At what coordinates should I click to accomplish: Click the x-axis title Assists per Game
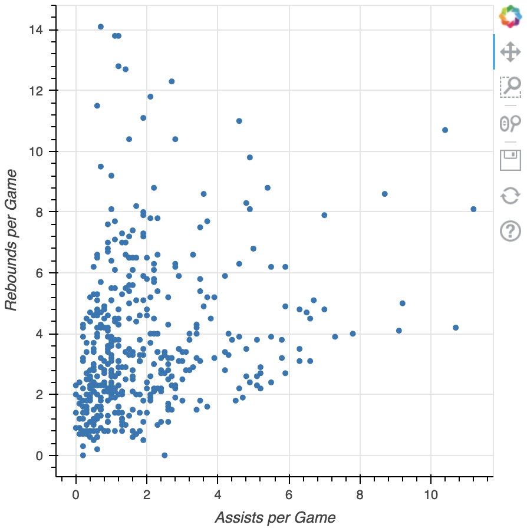coord(275,518)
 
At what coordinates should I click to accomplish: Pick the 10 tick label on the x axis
coord(431,493)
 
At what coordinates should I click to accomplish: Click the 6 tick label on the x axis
coord(289,493)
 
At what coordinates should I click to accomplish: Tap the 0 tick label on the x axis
coord(75,493)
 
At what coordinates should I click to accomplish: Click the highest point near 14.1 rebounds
coord(101,27)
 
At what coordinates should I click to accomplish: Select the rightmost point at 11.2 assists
coord(473,209)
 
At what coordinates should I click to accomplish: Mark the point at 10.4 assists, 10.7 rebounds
coord(445,130)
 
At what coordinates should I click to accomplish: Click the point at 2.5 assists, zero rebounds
coord(164,455)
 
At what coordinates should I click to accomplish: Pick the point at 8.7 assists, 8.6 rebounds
coord(385,194)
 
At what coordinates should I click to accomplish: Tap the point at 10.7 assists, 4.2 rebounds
coord(456,328)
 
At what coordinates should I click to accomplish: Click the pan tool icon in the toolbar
coord(510,52)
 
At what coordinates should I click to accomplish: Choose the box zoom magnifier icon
coord(510,87)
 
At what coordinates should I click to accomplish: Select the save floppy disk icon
coord(510,160)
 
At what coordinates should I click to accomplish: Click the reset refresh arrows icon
coord(510,195)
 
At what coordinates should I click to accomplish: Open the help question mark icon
coord(510,230)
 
